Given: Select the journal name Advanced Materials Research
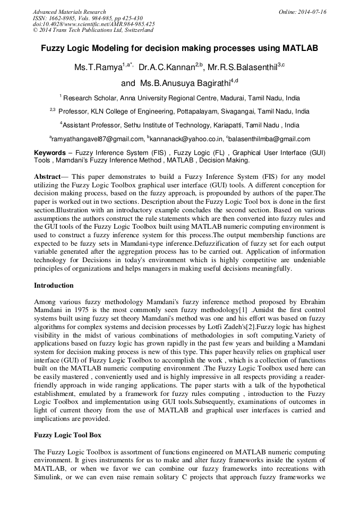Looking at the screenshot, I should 69,12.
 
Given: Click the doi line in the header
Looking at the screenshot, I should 93,24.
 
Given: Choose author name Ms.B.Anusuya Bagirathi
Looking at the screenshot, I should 185,83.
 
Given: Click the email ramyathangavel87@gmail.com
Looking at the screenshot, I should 97,139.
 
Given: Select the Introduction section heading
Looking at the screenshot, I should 54,286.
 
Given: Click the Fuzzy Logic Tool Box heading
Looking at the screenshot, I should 67,435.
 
